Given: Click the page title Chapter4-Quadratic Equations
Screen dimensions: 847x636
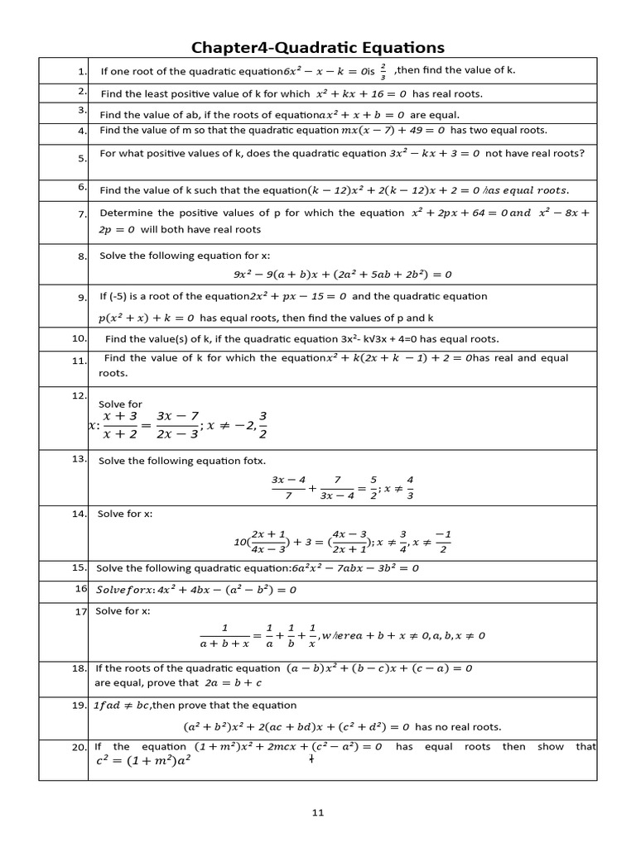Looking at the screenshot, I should pyautogui.click(x=318, y=47).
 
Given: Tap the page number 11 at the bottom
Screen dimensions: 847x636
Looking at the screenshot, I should pyautogui.click(x=318, y=813).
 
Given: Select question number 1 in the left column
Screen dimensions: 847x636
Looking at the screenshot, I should pyautogui.click(x=82, y=71).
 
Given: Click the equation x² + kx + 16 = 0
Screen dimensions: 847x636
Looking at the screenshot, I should pyautogui.click(x=363, y=94).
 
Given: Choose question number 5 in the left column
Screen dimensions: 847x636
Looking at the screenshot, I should pyautogui.click(x=82, y=158).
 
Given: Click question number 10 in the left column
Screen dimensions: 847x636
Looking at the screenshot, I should pyautogui.click(x=79, y=338).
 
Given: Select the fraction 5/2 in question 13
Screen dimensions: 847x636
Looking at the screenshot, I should pyautogui.click(x=373, y=487).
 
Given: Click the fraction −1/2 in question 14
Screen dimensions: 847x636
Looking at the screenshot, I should pyautogui.click(x=442, y=541).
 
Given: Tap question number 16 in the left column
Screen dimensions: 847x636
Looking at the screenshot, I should pyautogui.click(x=81, y=588).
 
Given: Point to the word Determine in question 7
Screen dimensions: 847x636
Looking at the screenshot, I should pyautogui.click(x=125, y=213).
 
